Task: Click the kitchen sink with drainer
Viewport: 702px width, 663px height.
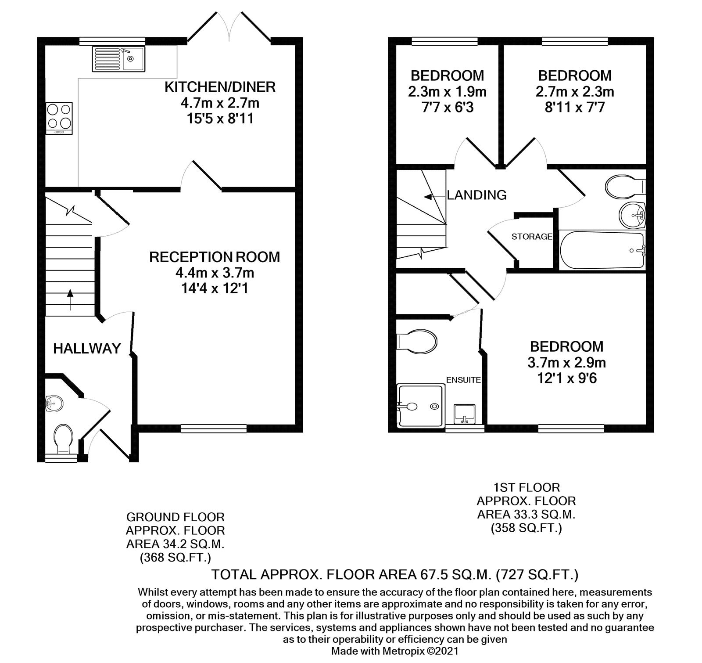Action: pyautogui.click(x=117, y=59)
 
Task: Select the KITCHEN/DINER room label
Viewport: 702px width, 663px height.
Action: pyautogui.click(x=220, y=87)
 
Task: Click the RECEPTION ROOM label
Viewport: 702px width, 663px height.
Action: pyautogui.click(x=215, y=257)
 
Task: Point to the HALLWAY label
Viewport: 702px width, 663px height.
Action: pyautogui.click(x=87, y=349)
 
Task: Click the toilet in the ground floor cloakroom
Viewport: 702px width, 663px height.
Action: pyautogui.click(x=62, y=439)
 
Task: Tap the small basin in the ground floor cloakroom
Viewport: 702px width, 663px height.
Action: pyautogui.click(x=54, y=403)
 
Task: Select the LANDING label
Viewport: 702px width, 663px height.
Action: pyautogui.click(x=476, y=195)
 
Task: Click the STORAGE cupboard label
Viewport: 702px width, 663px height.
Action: pyautogui.click(x=532, y=237)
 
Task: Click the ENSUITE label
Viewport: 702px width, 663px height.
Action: pyautogui.click(x=463, y=380)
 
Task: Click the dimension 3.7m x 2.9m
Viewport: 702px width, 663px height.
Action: pyautogui.click(x=566, y=363)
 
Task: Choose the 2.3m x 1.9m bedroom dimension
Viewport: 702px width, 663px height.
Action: pyautogui.click(x=447, y=92)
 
